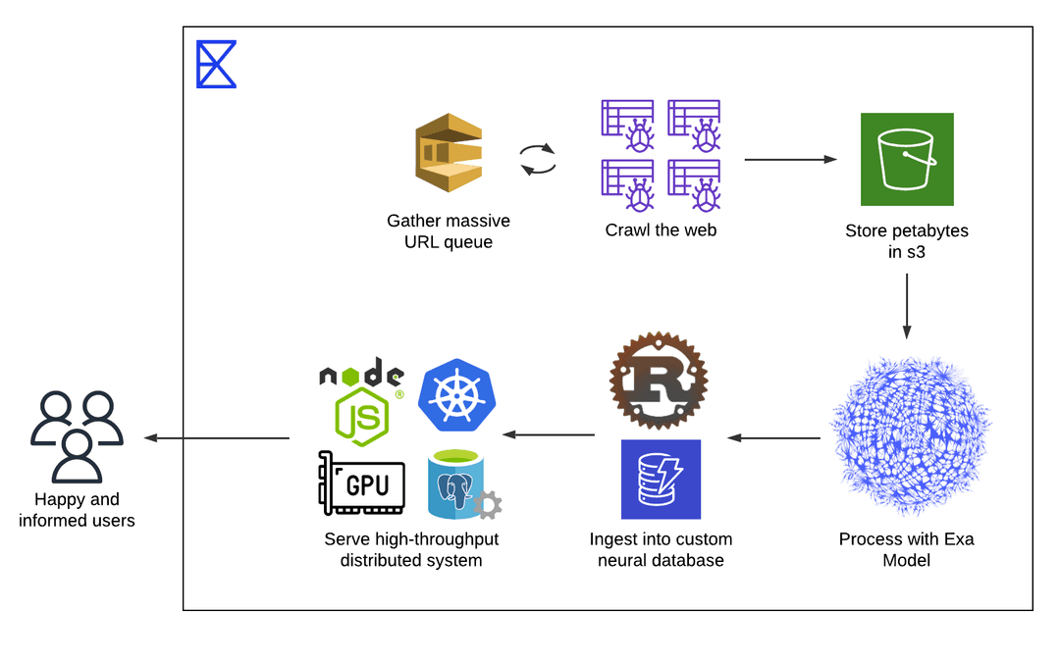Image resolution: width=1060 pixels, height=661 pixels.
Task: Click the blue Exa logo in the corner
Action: (216, 65)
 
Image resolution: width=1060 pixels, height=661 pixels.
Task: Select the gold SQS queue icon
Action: (449, 153)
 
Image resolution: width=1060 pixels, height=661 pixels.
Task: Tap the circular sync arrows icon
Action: (537, 160)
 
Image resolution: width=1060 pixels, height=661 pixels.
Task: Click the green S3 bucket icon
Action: (907, 159)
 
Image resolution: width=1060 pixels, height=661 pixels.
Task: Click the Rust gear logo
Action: (659, 381)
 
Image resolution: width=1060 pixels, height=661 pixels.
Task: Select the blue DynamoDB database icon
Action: (661, 479)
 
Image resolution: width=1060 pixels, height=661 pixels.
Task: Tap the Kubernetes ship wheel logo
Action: (456, 398)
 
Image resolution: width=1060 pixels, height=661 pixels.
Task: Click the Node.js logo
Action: (362, 402)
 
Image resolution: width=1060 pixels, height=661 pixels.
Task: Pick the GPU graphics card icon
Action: (362, 483)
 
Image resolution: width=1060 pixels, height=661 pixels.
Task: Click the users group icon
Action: (77, 436)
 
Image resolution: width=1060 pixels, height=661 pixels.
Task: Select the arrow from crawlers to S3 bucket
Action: (790, 159)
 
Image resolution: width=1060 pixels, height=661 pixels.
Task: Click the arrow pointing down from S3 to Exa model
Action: (906, 305)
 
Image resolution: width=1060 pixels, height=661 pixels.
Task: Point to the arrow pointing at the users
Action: (216, 437)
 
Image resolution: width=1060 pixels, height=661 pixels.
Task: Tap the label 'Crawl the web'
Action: (661, 230)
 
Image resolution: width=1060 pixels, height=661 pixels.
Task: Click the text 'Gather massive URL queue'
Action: (449, 231)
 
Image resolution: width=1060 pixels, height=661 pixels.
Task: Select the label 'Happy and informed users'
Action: (77, 510)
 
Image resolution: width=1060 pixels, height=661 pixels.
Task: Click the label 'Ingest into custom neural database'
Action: (661, 550)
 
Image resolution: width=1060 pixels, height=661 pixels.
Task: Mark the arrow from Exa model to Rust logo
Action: (773, 437)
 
